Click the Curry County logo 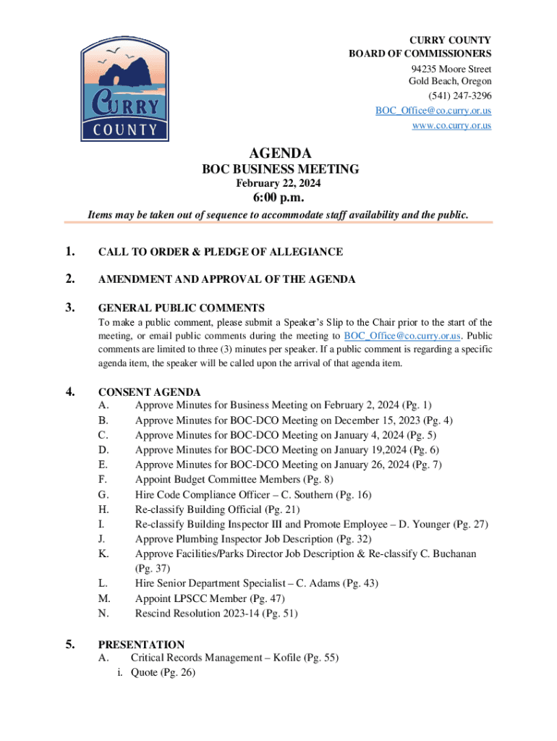124,89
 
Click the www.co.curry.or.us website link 451,125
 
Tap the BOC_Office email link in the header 433,111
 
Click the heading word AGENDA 280,153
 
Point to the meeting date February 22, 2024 280,184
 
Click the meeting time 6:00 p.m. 278,198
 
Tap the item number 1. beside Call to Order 70,252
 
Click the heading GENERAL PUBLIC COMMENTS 181,308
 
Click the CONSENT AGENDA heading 149,392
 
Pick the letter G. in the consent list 104,495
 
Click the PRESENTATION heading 141,644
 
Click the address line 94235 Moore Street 450,69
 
